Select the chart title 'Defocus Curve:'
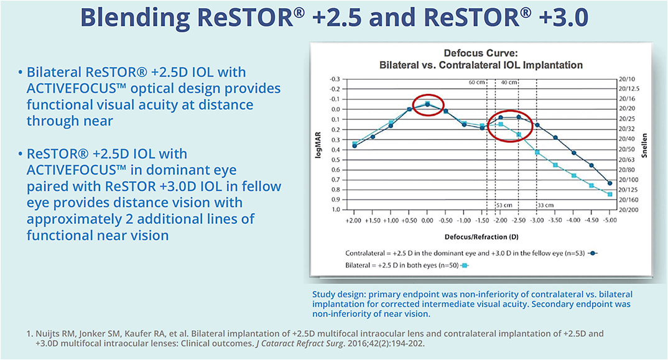[x=481, y=54]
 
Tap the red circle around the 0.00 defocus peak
[x=427, y=105]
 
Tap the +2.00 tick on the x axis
[x=354, y=221]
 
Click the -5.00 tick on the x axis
[x=610, y=221]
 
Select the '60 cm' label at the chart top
[x=476, y=82]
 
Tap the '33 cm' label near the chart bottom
[x=546, y=205]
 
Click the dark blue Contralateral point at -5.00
[x=610, y=183]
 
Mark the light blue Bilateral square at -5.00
[x=610, y=195]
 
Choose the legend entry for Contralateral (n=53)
[x=464, y=254]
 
